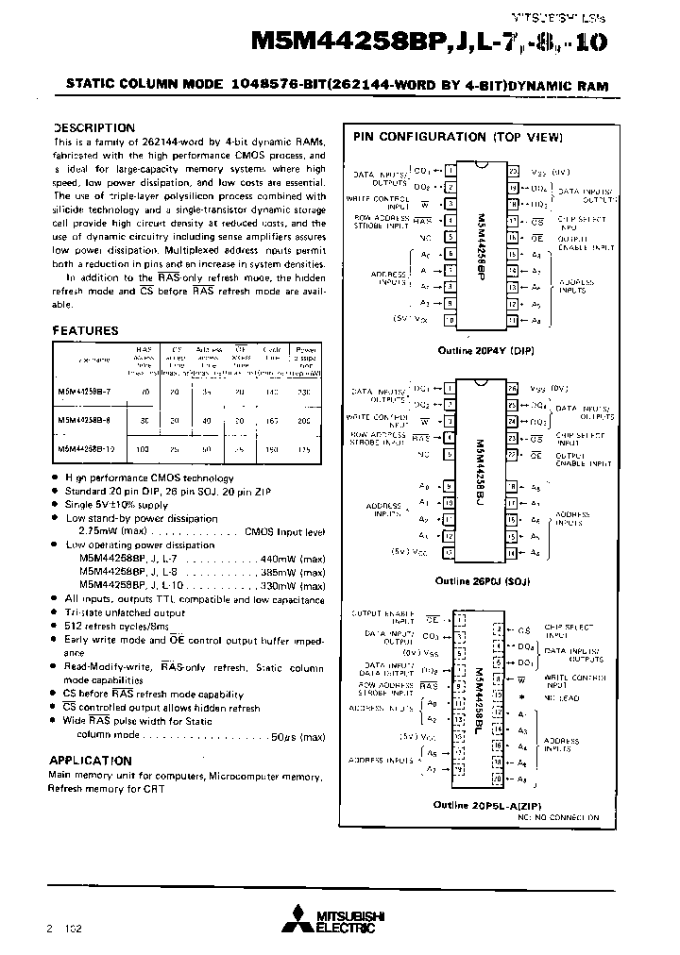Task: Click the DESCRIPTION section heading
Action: click(x=93, y=127)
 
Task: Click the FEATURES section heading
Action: click(x=85, y=331)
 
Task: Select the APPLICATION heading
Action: click(x=90, y=760)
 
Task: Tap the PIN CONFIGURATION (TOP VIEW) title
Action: click(x=458, y=137)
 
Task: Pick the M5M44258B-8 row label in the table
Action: click(x=85, y=421)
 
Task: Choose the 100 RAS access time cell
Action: click(x=143, y=450)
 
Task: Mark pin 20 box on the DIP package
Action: click(x=514, y=172)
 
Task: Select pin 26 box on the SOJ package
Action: click(x=514, y=388)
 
